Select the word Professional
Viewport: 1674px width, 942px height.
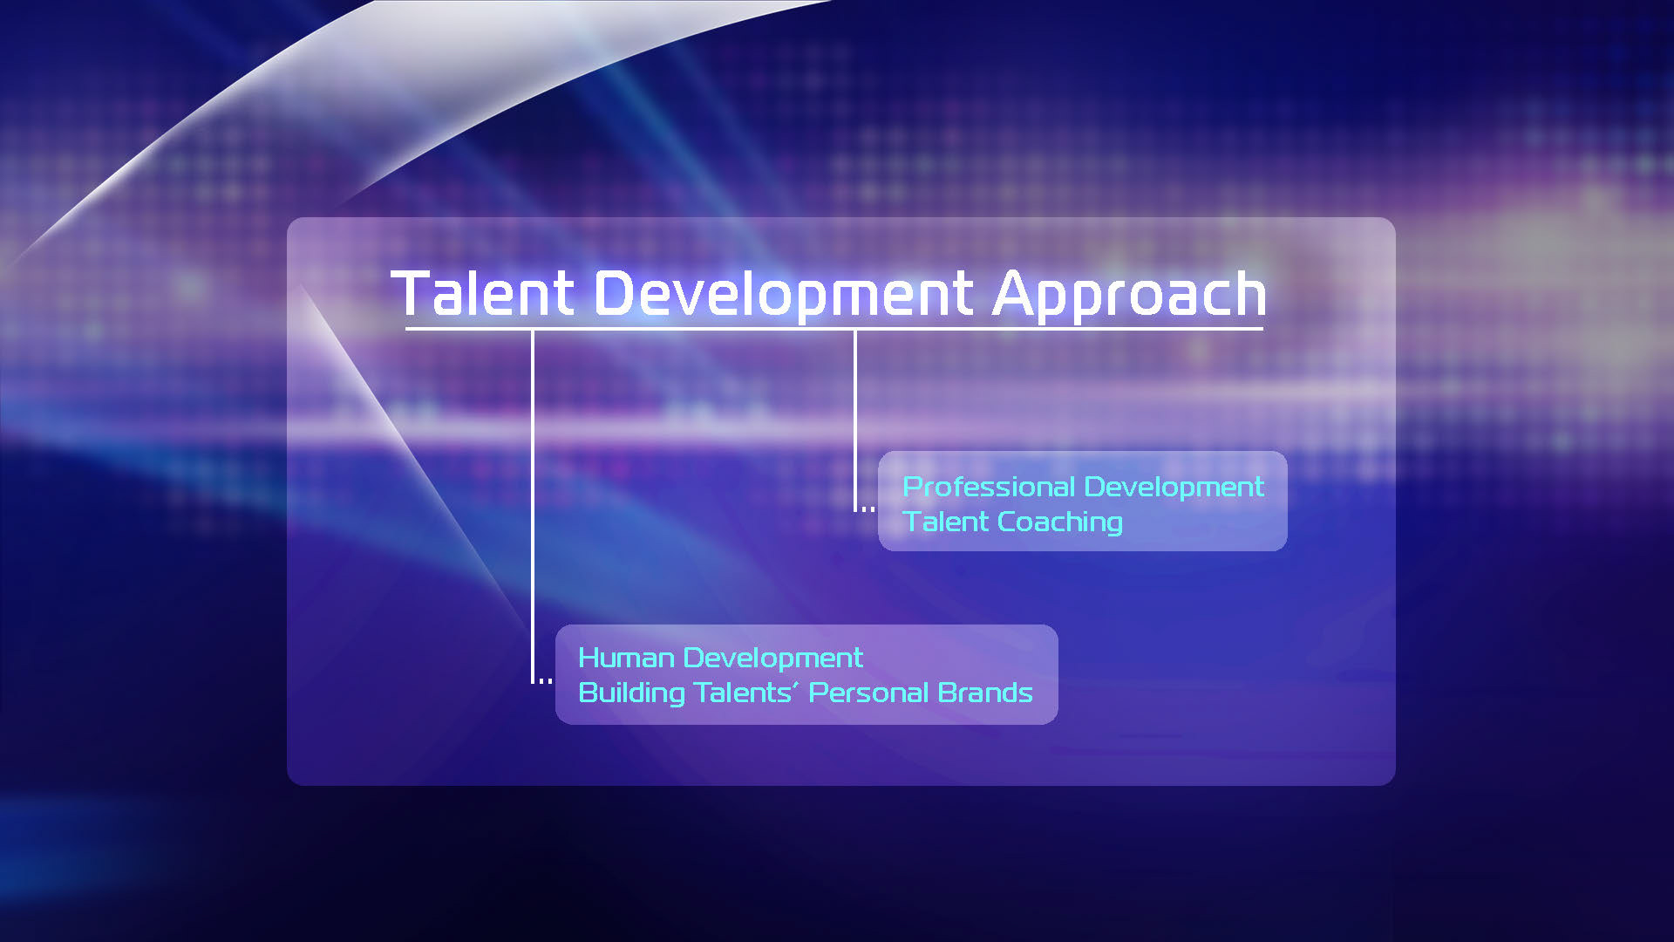pos(989,487)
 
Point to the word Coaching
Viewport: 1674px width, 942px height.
pos(1060,522)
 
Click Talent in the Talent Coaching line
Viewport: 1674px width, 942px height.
pos(946,522)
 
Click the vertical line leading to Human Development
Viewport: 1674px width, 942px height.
pos(533,506)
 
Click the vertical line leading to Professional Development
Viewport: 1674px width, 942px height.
pos(855,420)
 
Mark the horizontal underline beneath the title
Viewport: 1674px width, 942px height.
pos(834,329)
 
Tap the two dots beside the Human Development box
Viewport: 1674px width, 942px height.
pos(545,680)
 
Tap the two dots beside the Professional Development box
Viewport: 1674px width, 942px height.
pos(868,509)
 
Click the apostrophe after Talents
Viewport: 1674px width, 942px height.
pos(795,686)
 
